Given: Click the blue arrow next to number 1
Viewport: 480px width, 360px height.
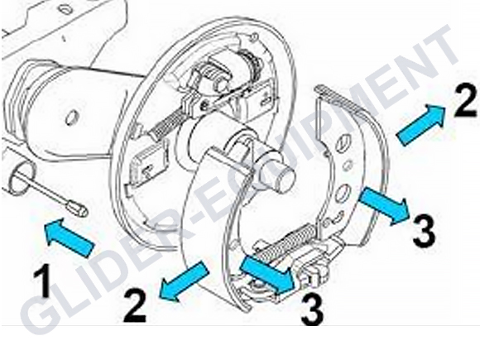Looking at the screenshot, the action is point(69,236).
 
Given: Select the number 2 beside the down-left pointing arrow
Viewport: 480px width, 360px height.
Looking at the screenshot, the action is point(135,305).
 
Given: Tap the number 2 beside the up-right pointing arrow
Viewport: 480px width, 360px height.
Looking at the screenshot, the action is point(465,100).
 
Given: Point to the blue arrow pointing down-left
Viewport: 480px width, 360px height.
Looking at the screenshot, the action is point(185,281).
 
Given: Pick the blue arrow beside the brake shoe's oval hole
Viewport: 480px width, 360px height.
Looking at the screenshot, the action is point(383,206).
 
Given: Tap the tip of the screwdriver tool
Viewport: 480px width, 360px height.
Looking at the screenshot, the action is point(84,212).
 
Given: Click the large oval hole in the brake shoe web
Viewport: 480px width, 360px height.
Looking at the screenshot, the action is point(343,193).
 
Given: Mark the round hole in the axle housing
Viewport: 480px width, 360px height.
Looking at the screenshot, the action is point(72,118).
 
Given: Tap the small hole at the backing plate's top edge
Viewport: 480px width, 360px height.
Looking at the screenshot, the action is point(252,36).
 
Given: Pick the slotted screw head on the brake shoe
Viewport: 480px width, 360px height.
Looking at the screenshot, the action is point(342,142).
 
